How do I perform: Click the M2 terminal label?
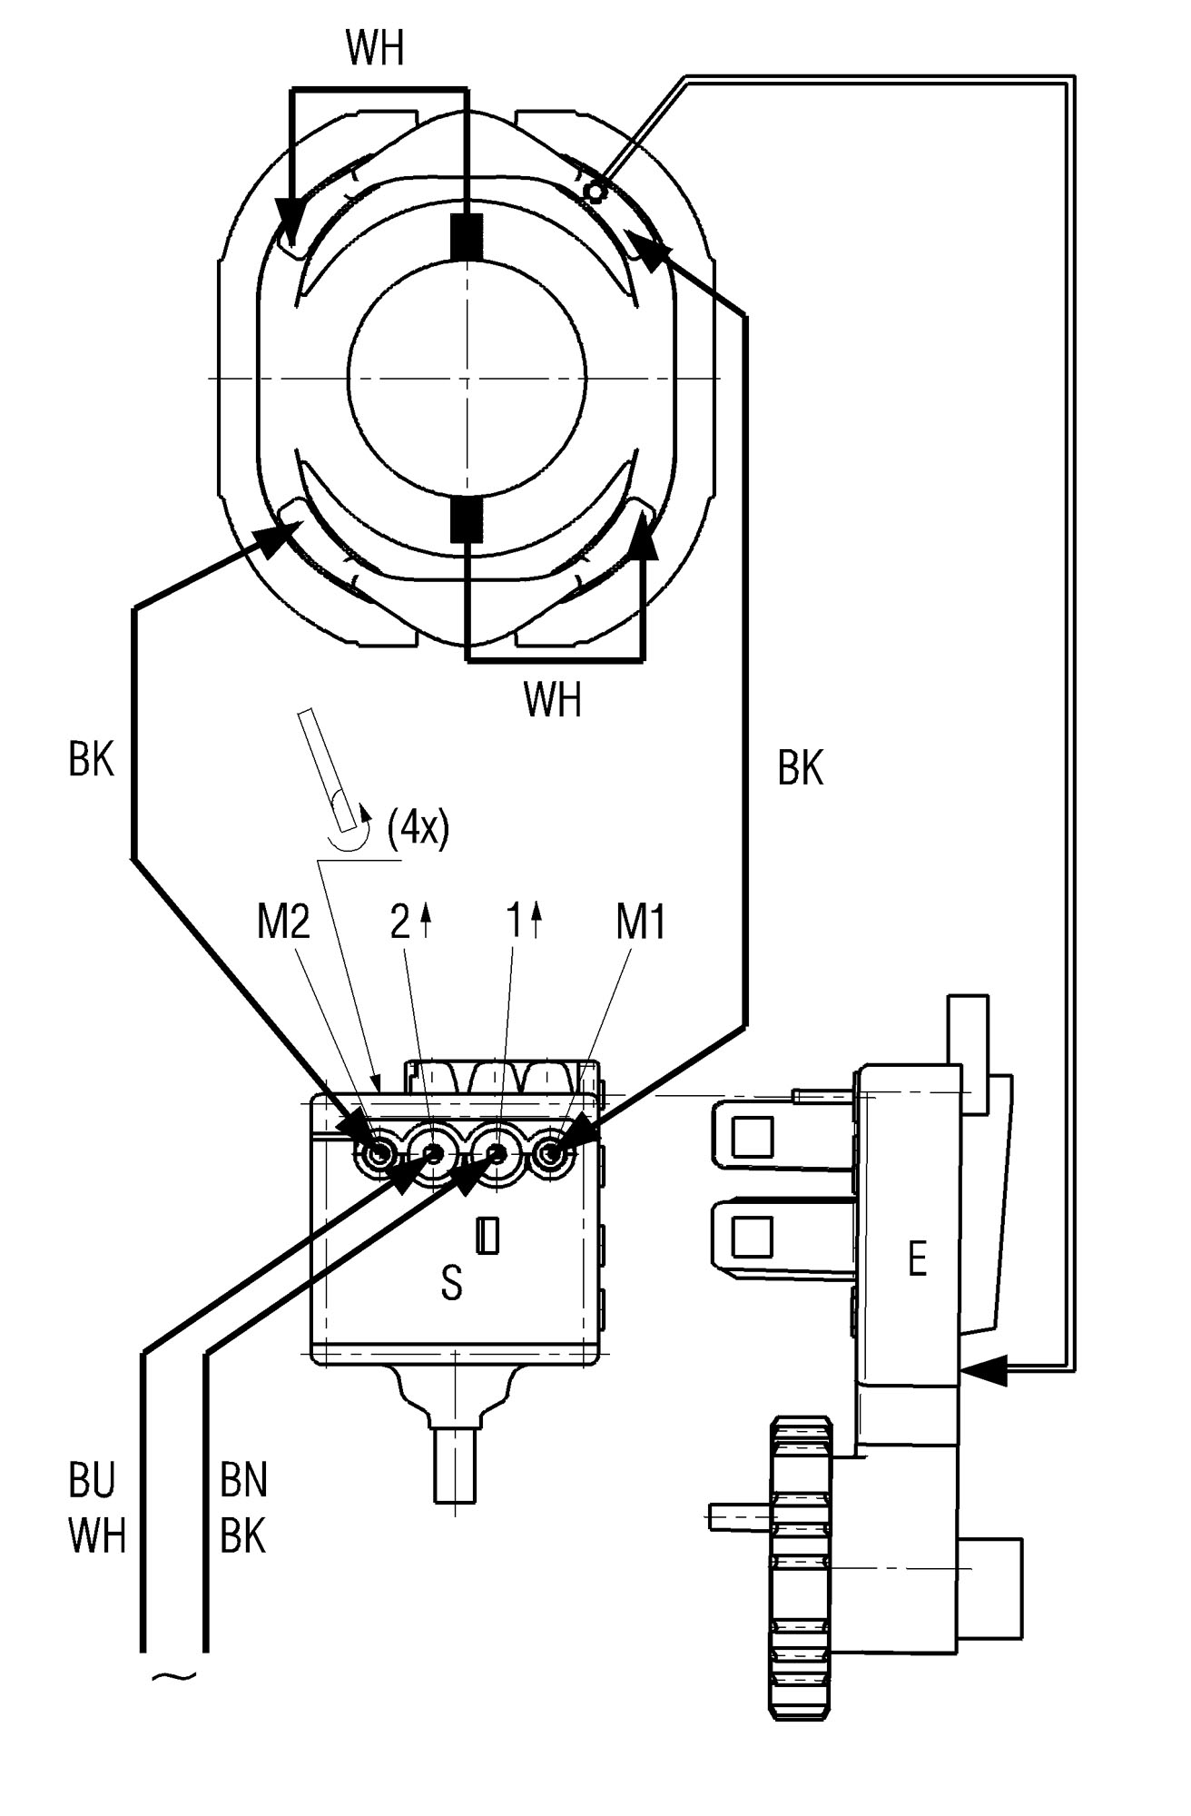[284, 923]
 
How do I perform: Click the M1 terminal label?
[641, 923]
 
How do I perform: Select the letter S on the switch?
[451, 1284]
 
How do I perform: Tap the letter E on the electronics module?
[917, 1260]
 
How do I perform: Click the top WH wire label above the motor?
[375, 50]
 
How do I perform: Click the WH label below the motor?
[552, 700]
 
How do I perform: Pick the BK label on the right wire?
[800, 768]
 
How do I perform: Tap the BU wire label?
[92, 1481]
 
